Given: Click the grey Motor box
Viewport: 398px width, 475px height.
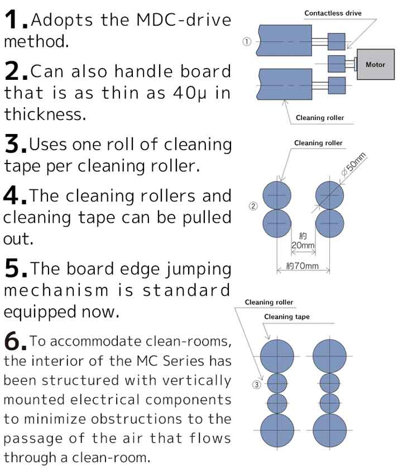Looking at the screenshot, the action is pos(376,64).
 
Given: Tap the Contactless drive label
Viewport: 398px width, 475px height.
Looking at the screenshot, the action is pos(333,13).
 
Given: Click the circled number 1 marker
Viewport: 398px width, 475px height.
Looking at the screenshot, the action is pos(247,41).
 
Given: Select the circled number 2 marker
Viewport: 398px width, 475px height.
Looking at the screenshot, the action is pos(253,207).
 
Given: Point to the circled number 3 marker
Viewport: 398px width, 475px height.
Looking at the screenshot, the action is pos(256,385).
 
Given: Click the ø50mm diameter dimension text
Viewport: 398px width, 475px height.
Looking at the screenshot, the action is pos(354,165).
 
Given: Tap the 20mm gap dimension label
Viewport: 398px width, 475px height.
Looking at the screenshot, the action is pos(303,241).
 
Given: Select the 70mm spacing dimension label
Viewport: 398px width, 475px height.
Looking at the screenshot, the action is pos(303,266).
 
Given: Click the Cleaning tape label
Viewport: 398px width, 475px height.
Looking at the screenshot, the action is pos(287,316).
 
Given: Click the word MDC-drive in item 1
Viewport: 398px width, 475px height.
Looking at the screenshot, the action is pos(184,20).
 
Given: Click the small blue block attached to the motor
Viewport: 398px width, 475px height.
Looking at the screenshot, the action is pos(337,64).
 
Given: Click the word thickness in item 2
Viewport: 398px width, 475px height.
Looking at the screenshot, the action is pos(45,114).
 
